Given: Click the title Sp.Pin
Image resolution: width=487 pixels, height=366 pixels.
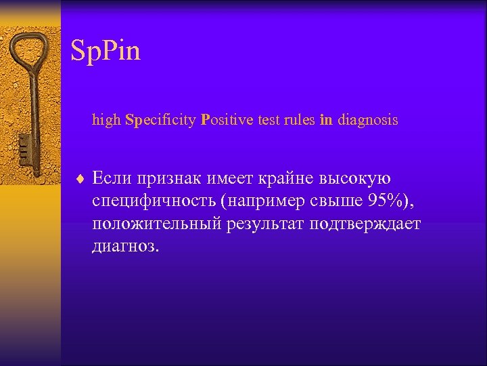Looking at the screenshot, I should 106,52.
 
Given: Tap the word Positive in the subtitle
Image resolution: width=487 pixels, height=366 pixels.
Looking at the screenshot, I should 223,121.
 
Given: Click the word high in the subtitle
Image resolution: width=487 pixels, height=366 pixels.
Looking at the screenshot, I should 107,121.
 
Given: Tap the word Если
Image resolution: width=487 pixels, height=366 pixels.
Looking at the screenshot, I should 113,179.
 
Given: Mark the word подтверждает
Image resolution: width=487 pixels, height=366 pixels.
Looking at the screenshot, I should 365,224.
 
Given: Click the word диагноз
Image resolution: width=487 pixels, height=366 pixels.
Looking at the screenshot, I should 126,246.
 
